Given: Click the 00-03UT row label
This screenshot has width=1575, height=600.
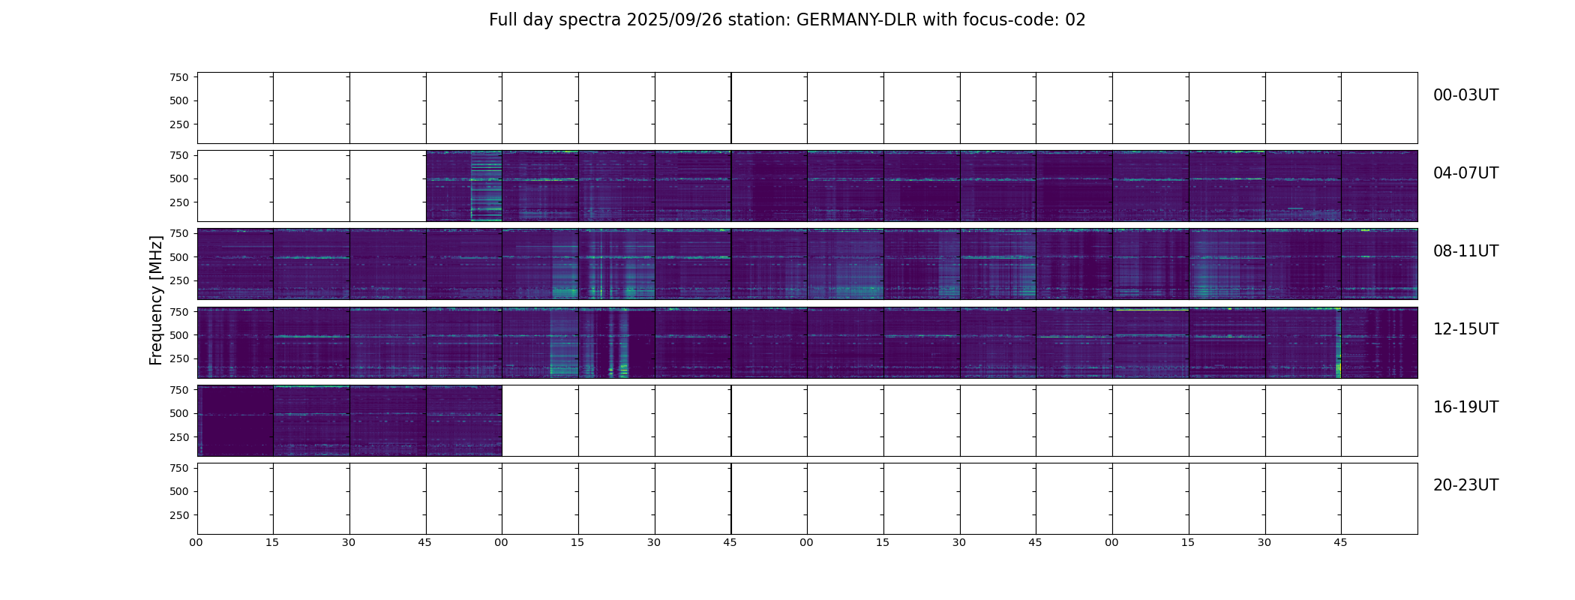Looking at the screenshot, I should click(x=1465, y=95).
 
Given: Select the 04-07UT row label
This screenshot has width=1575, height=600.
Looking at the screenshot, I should click(x=1465, y=173).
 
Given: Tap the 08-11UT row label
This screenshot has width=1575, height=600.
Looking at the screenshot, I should click(x=1465, y=251).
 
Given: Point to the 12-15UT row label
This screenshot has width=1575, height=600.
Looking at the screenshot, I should click(x=1465, y=329).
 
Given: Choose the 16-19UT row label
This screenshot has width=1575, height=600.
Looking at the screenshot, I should click(x=1465, y=407).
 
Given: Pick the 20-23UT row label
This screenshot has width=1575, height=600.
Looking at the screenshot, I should click(x=1465, y=485).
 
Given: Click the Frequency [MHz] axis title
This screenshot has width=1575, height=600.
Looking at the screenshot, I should click(x=156, y=300).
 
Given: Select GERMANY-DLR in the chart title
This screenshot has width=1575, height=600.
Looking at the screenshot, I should click(x=856, y=20).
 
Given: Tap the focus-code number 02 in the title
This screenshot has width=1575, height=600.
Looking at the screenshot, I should click(x=1075, y=20).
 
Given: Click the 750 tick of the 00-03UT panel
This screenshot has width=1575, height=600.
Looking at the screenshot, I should click(x=179, y=77).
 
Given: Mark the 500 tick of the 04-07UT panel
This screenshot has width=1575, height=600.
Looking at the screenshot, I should click(x=179, y=179).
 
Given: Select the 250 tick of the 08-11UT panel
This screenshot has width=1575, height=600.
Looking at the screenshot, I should click(x=179, y=280).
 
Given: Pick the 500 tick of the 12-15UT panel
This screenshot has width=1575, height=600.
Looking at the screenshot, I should click(x=179, y=335).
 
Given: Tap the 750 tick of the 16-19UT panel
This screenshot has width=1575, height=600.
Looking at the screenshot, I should click(x=179, y=390).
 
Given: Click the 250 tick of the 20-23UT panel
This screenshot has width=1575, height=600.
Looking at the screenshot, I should click(x=179, y=515).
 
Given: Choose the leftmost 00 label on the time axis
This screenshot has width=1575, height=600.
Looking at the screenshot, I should click(x=196, y=542).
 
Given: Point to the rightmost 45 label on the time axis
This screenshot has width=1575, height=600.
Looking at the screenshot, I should click(x=1340, y=542).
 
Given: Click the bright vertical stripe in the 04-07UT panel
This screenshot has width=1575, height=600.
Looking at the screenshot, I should click(x=485, y=186).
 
